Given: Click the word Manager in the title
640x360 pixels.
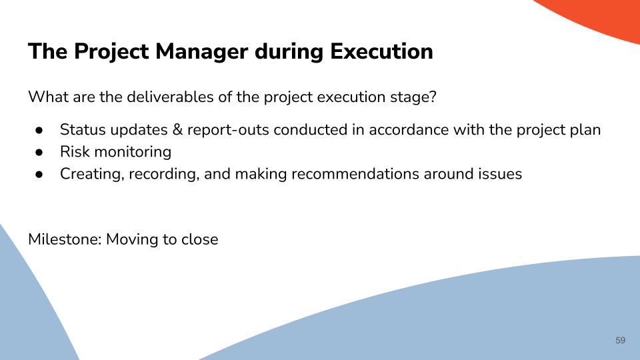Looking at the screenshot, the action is pyautogui.click(x=201, y=52).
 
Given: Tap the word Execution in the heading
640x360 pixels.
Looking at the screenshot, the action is pyautogui.click(x=381, y=51).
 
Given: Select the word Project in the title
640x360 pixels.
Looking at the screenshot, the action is pyautogui.click(x=111, y=52).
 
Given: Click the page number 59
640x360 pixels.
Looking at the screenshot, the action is pyautogui.click(x=620, y=341).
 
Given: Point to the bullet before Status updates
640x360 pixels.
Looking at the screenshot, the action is pyautogui.click(x=39, y=130).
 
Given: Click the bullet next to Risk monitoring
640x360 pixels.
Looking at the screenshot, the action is pyautogui.click(x=39, y=152).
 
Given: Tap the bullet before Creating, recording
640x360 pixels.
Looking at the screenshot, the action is pyautogui.click(x=39, y=174).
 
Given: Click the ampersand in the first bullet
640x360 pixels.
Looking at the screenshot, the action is pyautogui.click(x=177, y=130).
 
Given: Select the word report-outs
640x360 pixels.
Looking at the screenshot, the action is pyautogui.click(x=228, y=130).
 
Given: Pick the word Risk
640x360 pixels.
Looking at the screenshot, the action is pyautogui.click(x=75, y=152).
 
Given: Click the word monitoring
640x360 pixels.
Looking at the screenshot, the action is pyautogui.click(x=133, y=153).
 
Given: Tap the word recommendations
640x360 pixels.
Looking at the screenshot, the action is pyautogui.click(x=355, y=174).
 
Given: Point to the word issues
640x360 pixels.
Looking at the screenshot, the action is pyautogui.click(x=501, y=174).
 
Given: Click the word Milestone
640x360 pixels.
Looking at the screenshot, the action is pyautogui.click(x=65, y=239).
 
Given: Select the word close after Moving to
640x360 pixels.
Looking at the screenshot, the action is pyautogui.click(x=199, y=239).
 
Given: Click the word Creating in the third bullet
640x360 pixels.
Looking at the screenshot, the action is pyautogui.click(x=92, y=174).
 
